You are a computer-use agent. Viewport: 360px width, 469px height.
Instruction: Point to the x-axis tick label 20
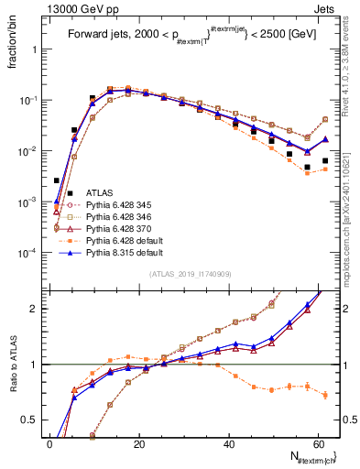tap(137, 443)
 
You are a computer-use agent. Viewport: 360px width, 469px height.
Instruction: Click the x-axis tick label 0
tap(49, 443)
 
